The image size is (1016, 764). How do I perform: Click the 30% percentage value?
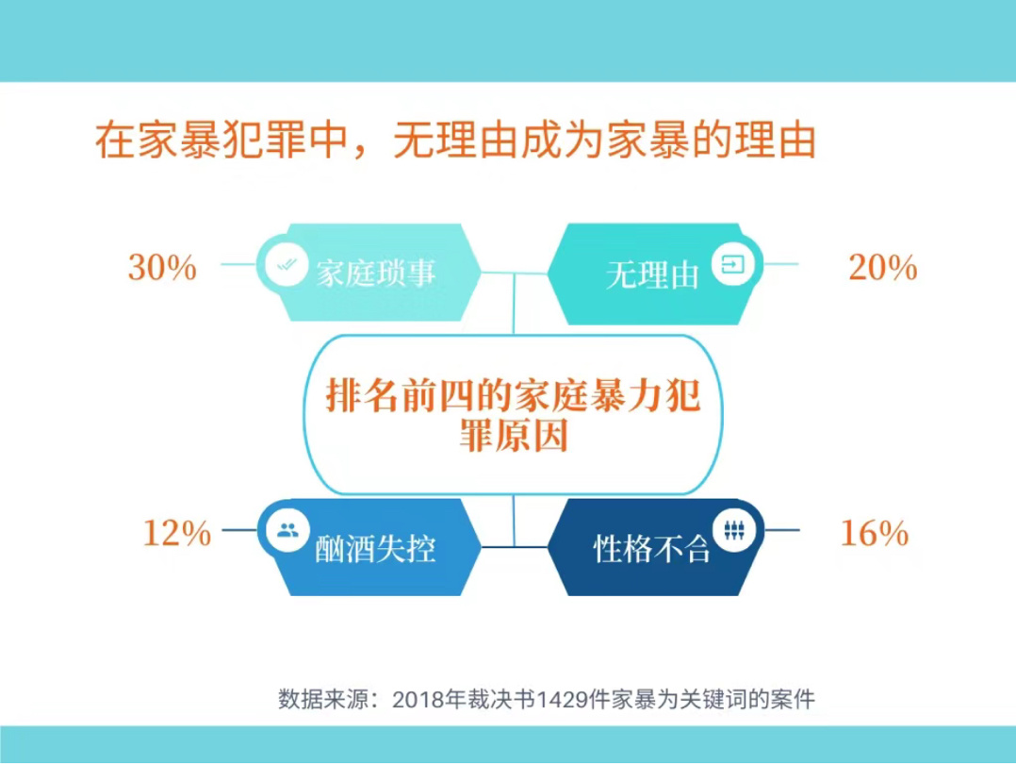[163, 267]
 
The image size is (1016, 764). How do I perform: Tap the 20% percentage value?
[883, 267]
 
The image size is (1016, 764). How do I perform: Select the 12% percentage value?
[177, 533]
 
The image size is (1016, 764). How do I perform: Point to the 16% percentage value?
[874, 533]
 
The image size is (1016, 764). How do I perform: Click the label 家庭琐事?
[376, 273]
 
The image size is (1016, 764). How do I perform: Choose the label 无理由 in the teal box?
[652, 275]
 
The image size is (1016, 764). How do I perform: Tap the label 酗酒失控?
[375, 549]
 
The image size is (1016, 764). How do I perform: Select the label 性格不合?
[652, 549]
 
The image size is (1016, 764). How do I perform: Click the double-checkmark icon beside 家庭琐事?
[287, 264]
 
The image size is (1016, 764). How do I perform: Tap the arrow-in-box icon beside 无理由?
[733, 264]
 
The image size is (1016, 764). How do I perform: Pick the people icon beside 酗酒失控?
[287, 530]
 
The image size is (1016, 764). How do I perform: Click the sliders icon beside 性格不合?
[733, 530]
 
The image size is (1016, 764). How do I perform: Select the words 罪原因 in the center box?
[513, 435]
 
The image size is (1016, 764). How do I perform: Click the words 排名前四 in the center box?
[400, 394]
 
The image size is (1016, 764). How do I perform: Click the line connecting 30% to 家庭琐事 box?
[239, 264]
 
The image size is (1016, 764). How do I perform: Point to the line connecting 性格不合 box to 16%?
[782, 530]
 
